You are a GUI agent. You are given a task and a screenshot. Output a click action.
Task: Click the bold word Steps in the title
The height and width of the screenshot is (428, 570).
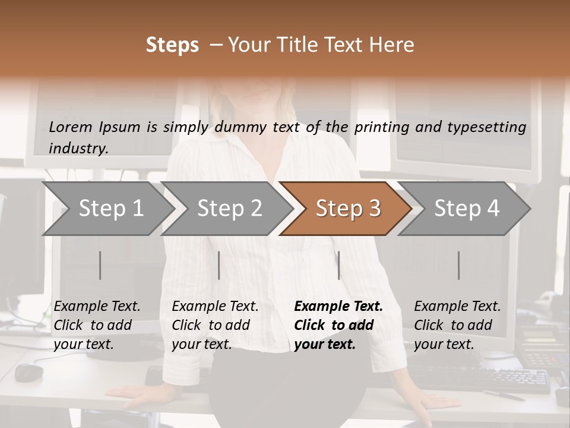(172, 45)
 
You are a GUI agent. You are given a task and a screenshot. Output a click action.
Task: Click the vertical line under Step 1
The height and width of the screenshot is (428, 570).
(100, 265)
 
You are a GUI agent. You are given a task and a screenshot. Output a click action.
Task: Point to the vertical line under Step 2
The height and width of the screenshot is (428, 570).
(219, 265)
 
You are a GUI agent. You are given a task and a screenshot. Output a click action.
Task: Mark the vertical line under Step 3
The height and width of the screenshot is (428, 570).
(339, 265)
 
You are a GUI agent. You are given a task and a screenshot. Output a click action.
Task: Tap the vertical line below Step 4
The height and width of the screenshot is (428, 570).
(459, 265)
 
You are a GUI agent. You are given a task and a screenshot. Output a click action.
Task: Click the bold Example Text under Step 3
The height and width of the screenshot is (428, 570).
(338, 306)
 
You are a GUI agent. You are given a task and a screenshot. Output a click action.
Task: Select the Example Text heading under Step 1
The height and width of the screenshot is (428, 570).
(97, 306)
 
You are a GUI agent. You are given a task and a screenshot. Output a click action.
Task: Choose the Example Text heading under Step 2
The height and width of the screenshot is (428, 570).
(215, 306)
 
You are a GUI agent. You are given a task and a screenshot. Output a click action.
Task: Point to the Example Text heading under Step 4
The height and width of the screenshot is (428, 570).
(457, 306)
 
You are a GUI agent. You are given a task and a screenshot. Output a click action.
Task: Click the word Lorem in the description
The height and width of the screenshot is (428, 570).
(70, 127)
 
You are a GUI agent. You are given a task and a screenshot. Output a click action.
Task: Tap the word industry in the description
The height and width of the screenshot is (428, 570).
(78, 148)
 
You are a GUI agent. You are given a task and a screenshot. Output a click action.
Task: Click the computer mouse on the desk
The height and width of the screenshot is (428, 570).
(29, 372)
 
